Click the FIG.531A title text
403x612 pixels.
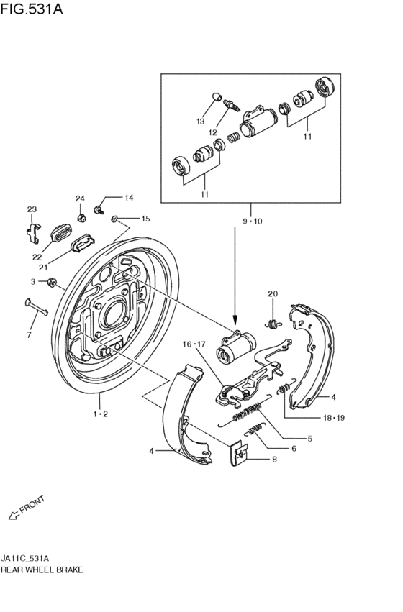coord(31,9)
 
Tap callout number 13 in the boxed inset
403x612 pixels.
coord(200,122)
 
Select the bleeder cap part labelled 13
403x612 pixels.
coord(217,96)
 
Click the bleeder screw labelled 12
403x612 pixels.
coord(232,106)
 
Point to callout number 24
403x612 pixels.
coord(80,198)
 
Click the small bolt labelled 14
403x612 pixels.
coord(98,210)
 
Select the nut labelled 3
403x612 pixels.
coord(52,282)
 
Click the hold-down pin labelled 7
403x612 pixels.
coord(36,307)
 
